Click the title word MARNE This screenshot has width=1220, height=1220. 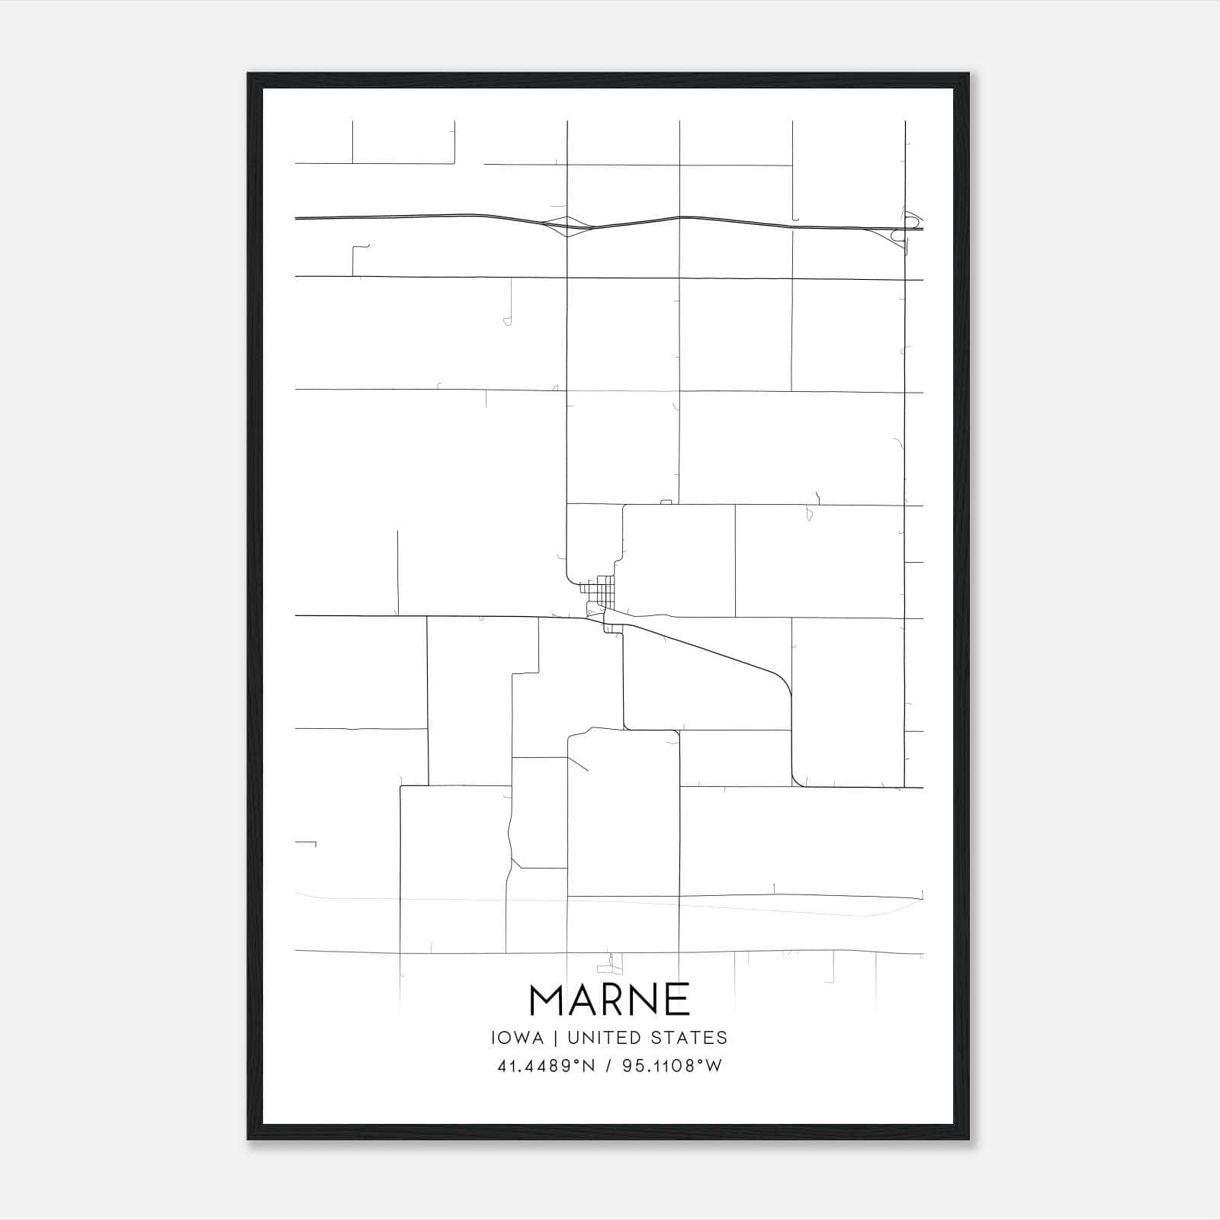click(609, 1000)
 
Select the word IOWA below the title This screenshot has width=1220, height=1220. click(517, 1038)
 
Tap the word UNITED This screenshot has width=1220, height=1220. click(605, 1038)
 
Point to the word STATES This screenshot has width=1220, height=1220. click(690, 1038)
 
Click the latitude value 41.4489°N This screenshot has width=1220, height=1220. click(545, 1066)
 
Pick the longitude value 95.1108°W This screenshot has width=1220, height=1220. click(672, 1066)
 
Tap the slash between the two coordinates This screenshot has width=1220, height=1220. click(608, 1066)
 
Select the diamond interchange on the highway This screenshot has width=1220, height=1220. click(567, 226)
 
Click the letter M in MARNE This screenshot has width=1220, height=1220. click(546, 1000)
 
